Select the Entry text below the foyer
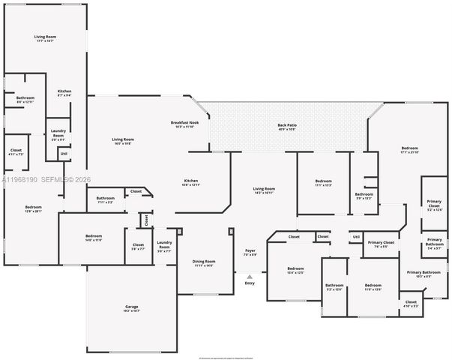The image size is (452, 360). (250, 283)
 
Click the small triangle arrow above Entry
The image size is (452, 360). (250, 276)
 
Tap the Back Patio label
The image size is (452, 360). (287, 124)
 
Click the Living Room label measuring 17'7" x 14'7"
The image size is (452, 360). (45, 36)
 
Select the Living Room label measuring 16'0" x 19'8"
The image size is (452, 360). (123, 139)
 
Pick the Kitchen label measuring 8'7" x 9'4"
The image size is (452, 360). (64, 91)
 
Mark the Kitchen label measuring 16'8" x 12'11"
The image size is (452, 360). (191, 181)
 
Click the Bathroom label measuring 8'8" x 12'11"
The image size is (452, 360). (25, 97)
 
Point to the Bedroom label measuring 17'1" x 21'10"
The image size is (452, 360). (409, 148)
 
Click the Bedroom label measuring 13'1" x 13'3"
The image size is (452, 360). (323, 181)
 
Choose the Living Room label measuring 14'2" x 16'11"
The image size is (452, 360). (264, 188)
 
